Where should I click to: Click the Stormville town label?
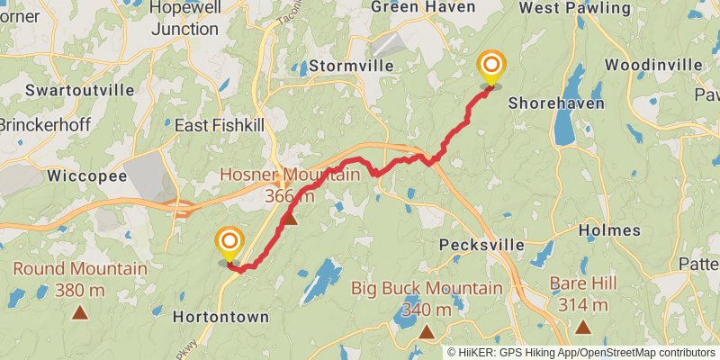click(x=346, y=66)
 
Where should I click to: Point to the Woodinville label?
click(x=653, y=65)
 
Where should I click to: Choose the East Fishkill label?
click(x=220, y=125)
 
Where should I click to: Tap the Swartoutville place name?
click(x=79, y=90)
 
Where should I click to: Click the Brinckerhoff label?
click(x=43, y=125)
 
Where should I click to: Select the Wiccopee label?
click(x=85, y=175)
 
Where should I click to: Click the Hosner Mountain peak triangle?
click(x=290, y=218)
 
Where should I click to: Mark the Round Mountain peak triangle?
click(x=80, y=313)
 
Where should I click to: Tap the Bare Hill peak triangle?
click(x=584, y=328)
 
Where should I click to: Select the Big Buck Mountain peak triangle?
click(x=426, y=332)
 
